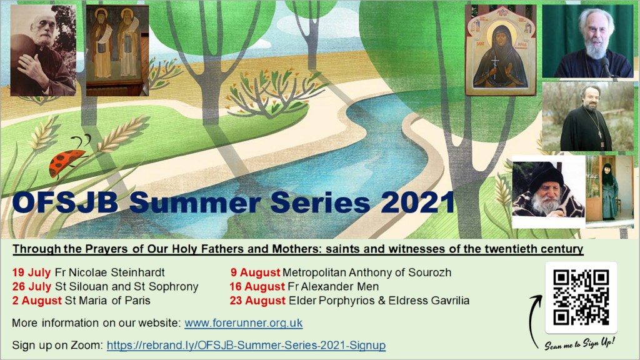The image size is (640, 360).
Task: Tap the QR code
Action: [x=581, y=297]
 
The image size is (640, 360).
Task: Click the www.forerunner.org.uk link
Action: [x=244, y=323]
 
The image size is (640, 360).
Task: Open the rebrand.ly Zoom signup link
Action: [x=246, y=345]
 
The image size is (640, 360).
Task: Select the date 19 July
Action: [x=31, y=272]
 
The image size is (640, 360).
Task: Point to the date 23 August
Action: [x=257, y=301]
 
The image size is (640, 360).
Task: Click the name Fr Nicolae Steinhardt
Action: [x=110, y=272]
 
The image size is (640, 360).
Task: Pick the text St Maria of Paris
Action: [x=107, y=301]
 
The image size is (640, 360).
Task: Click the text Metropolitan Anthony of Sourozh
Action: [x=367, y=272]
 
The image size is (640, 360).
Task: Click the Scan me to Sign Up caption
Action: [x=579, y=344]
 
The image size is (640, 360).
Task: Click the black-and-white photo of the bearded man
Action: [x=43, y=50]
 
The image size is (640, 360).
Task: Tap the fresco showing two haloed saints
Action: [x=117, y=50]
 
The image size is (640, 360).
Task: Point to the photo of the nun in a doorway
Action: [x=609, y=190]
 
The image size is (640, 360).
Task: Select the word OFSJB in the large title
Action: [x=65, y=202]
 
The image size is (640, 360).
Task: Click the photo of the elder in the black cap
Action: [x=549, y=192]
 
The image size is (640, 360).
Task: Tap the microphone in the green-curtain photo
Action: [x=605, y=66]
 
